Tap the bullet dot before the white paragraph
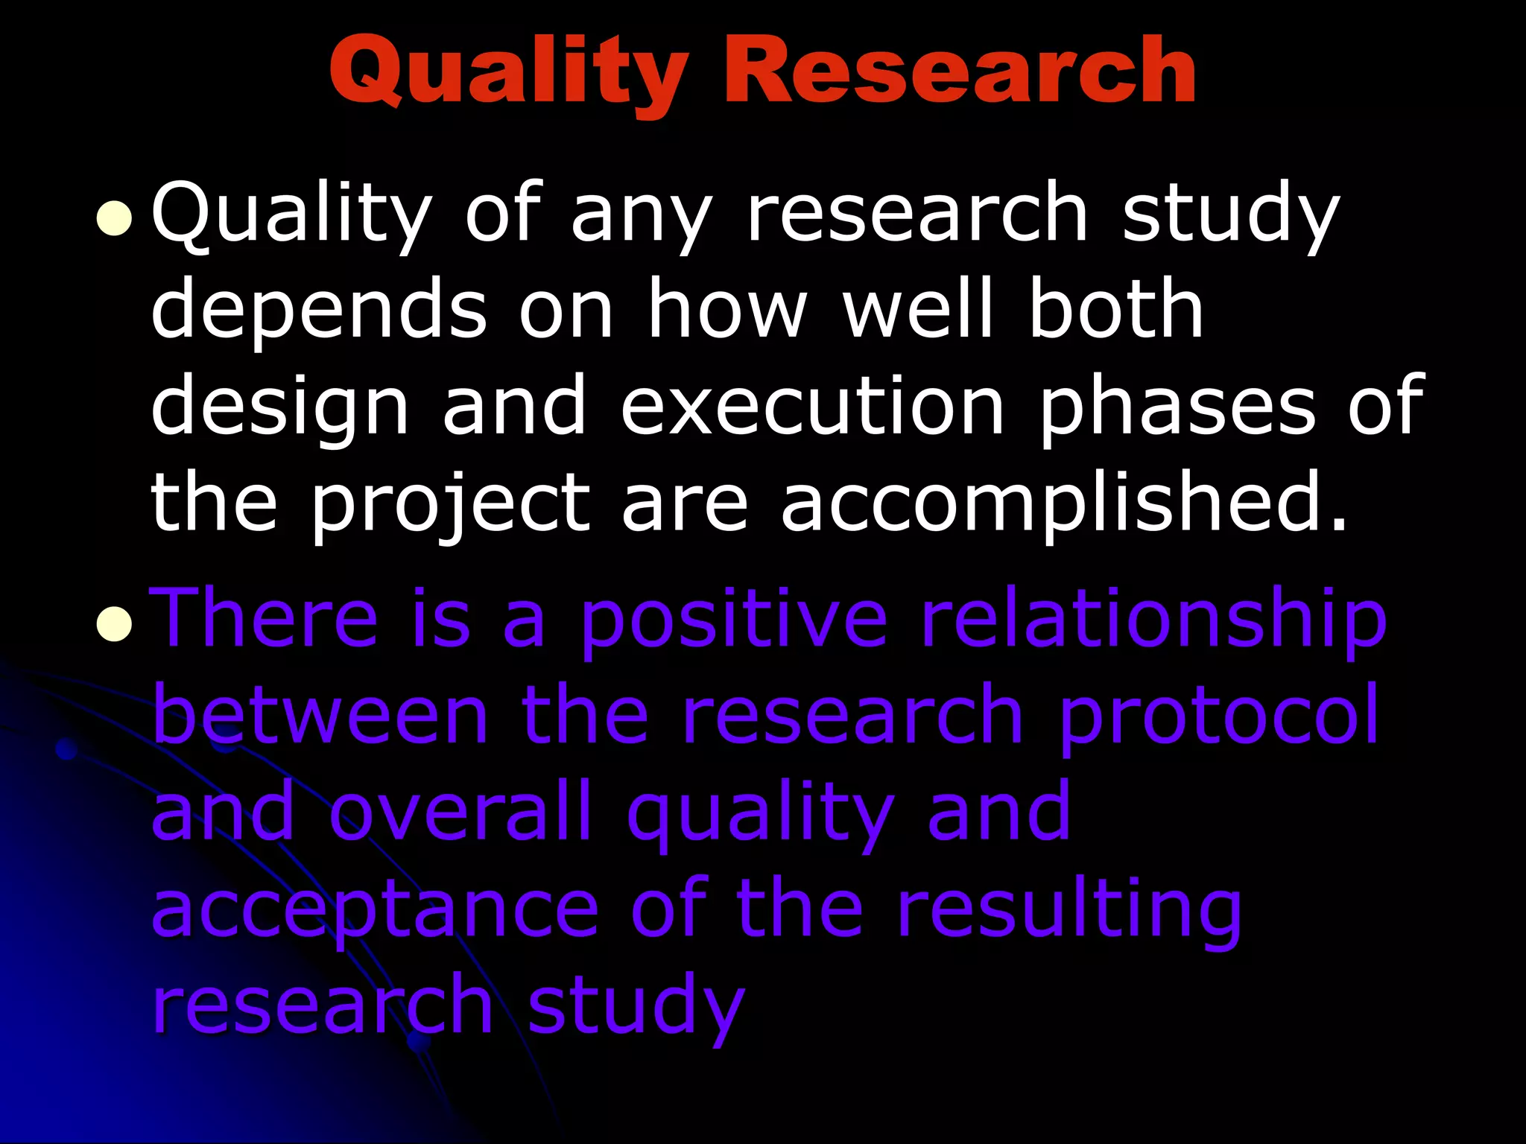coord(114,219)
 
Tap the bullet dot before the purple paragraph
coord(114,623)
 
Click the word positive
coord(734,622)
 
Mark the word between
coord(320,716)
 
